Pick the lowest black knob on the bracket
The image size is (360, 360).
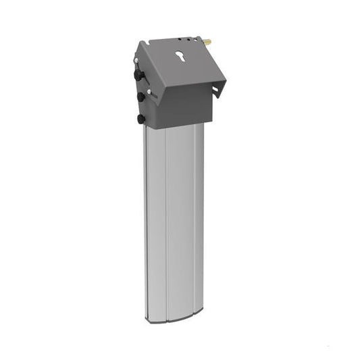[x=140, y=118]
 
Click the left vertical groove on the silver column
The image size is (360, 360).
[x=167, y=223]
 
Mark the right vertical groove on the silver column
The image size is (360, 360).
[x=195, y=223]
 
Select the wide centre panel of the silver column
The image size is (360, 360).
[x=180, y=223]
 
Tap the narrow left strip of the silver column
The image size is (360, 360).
[x=156, y=223]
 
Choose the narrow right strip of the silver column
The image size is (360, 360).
[x=200, y=223]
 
